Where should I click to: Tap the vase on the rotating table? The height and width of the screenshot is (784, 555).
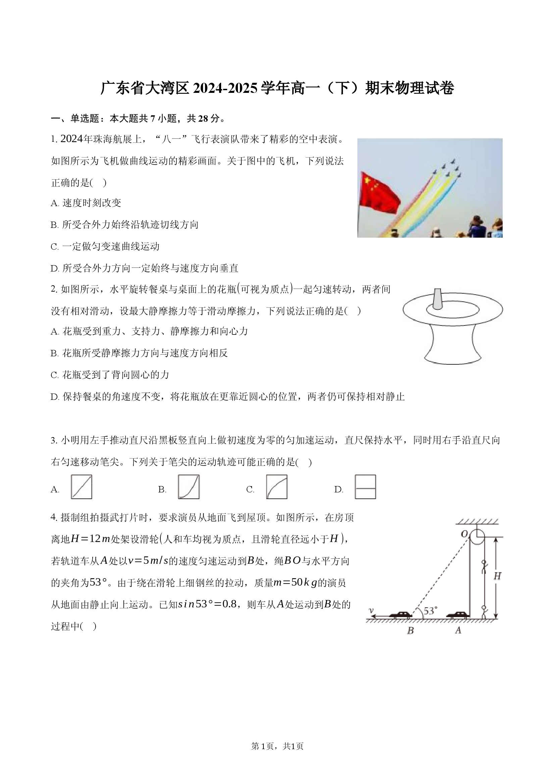[438, 298]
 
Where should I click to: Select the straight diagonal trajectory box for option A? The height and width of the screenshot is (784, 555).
[81, 487]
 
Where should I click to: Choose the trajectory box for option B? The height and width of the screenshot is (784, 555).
[189, 487]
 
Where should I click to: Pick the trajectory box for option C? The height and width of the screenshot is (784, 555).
[277, 487]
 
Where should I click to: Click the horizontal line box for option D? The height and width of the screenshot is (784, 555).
[365, 487]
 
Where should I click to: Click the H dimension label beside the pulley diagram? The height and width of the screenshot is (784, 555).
[497, 577]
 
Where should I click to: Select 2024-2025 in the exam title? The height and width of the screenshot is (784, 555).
[225, 88]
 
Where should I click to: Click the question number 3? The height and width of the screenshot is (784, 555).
[54, 440]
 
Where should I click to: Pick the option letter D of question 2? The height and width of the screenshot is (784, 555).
[55, 397]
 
